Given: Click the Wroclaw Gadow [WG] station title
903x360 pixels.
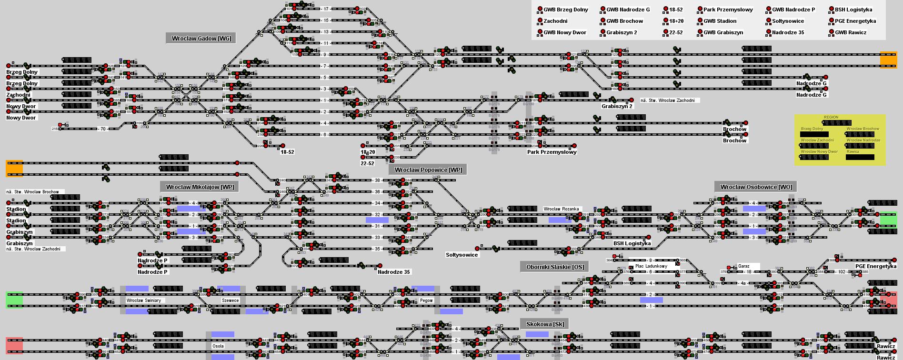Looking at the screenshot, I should (201, 39).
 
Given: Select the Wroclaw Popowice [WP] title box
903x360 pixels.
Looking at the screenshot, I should (428, 170).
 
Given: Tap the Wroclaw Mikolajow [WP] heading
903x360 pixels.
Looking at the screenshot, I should (200, 187).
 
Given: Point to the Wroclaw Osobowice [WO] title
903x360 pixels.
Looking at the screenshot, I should (756, 187).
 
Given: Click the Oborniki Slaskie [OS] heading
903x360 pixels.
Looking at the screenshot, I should (554, 267).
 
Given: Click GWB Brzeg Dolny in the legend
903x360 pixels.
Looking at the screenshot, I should (565, 10).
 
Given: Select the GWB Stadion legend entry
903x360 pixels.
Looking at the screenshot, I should (720, 21).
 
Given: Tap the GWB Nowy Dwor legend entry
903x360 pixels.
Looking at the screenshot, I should (564, 32).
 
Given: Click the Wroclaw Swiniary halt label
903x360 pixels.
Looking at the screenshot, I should (143, 300).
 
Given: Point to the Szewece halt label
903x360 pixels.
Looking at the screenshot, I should (231, 300).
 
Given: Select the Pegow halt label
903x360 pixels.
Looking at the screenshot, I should (426, 300).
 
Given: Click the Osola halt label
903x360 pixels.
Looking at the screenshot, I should (218, 346).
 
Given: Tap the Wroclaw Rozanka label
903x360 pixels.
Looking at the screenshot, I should (561, 209).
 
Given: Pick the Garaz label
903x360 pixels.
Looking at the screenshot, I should (743, 266).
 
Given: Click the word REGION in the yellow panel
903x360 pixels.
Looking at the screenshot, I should (831, 117).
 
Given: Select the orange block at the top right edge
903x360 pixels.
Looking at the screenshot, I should (888, 60).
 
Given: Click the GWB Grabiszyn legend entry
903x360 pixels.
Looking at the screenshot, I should (723, 32).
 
